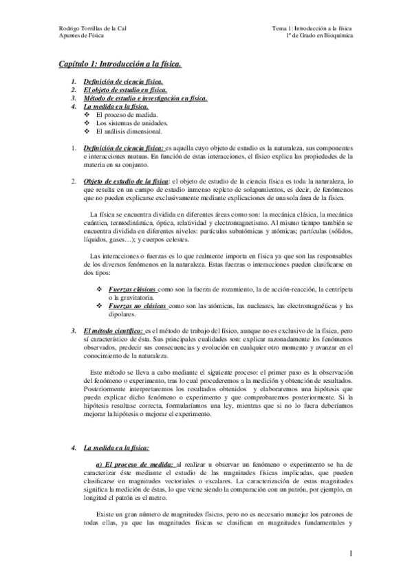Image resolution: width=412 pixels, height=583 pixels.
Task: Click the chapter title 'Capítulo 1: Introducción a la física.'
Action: coord(120,65)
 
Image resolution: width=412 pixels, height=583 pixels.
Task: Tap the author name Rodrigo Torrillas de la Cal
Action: coord(95,29)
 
